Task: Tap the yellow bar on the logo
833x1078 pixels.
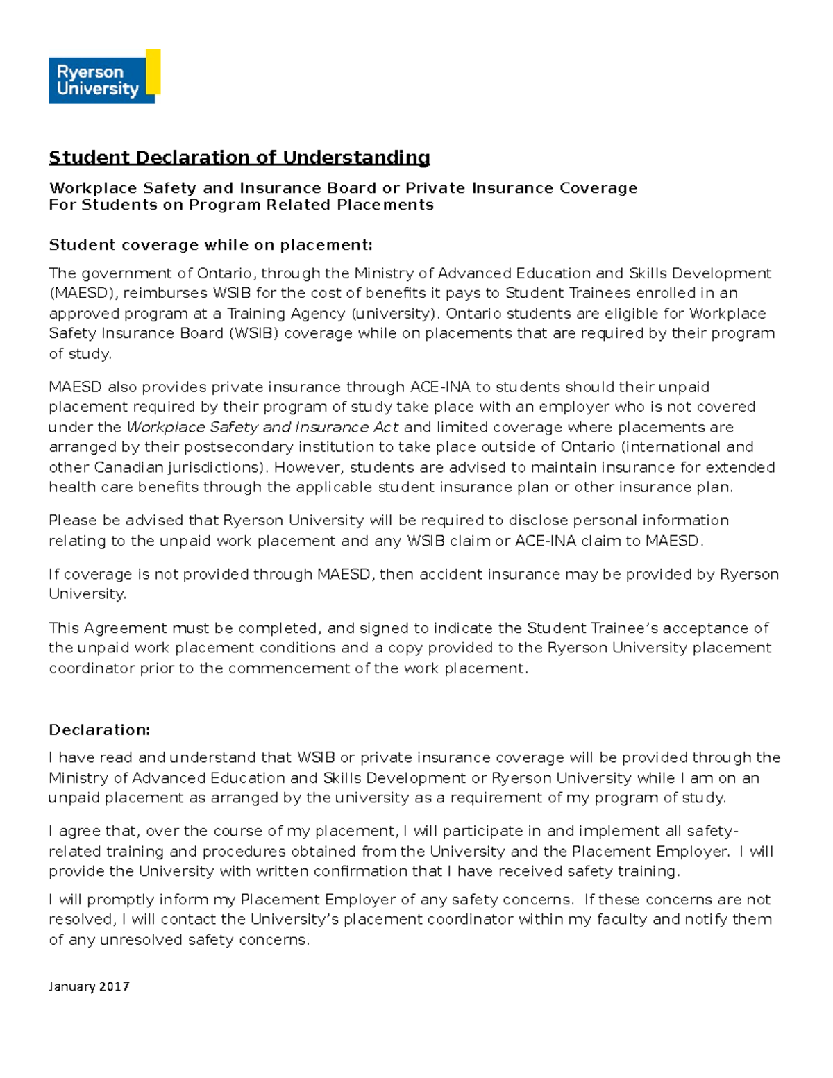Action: [153, 71]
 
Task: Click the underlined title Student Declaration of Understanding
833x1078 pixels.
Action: [239, 158]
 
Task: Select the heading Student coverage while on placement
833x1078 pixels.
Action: [210, 245]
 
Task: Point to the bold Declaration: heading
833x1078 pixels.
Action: [99, 730]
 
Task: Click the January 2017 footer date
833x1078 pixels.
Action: [89, 986]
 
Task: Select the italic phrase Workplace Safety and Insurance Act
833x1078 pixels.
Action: [262, 428]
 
